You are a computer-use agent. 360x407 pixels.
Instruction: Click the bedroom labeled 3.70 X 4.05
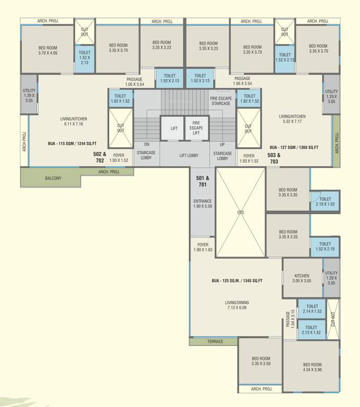pyautogui.click(x=47, y=50)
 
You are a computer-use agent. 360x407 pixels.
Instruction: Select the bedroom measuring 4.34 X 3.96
pyautogui.click(x=312, y=367)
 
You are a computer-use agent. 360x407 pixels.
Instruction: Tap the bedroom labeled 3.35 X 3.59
pyautogui.click(x=260, y=361)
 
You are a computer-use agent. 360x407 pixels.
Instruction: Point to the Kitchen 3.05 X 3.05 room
pyautogui.click(x=302, y=278)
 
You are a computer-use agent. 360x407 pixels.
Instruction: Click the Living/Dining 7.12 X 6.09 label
pyautogui.click(x=236, y=306)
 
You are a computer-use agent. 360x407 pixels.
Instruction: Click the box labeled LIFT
pyautogui.click(x=174, y=129)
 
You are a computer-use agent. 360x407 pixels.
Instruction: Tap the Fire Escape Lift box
pyautogui.click(x=196, y=128)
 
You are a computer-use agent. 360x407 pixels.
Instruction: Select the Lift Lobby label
pyautogui.click(x=189, y=155)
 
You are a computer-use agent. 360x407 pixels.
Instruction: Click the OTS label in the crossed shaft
pyautogui.click(x=240, y=212)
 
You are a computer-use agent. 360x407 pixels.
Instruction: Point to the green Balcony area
pyautogui.click(x=52, y=178)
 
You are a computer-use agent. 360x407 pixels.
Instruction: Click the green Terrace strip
pyautogui.click(x=215, y=341)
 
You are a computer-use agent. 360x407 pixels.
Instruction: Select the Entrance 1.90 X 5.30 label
pyautogui.click(x=203, y=203)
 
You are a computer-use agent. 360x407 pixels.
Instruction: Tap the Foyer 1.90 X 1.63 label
pyautogui.click(x=203, y=247)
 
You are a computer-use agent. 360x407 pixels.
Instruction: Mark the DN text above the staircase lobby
pyautogui.click(x=146, y=144)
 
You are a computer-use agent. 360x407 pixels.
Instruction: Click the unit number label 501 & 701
pyautogui.click(x=203, y=182)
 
